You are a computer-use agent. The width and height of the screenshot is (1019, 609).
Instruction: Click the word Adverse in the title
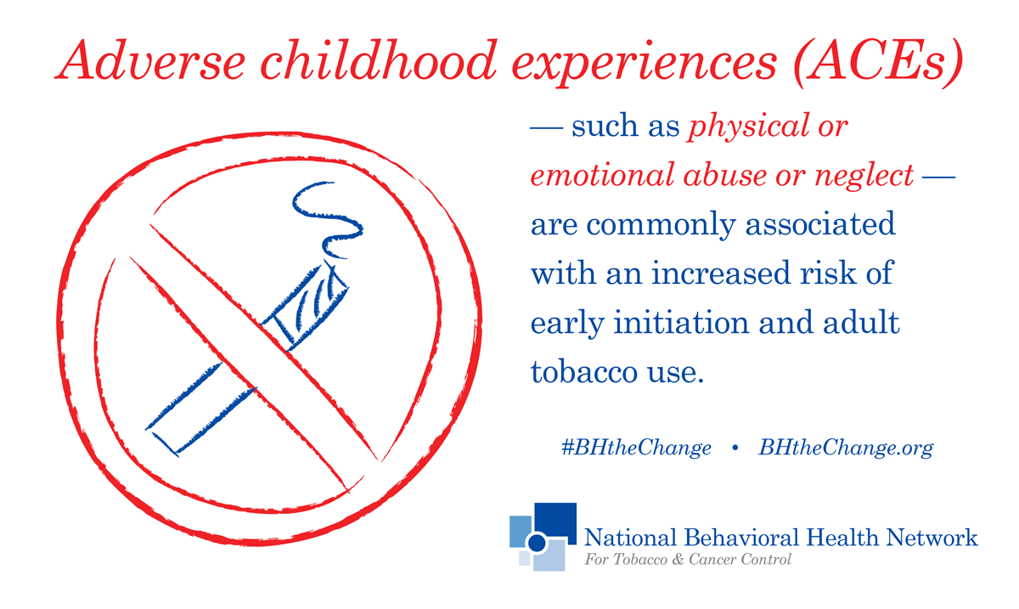[150, 60]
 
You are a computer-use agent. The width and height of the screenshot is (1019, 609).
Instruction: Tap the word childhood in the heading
[379, 60]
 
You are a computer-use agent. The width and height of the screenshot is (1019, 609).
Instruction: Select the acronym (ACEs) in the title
[878, 63]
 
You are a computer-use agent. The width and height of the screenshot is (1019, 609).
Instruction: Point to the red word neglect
[864, 176]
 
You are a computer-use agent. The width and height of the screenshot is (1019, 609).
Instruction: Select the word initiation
[681, 322]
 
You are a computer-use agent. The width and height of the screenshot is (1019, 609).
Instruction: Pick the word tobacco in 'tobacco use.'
[584, 371]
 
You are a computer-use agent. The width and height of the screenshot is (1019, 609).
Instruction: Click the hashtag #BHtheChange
[636, 448]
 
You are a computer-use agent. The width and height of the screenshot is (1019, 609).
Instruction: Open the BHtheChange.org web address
[846, 448]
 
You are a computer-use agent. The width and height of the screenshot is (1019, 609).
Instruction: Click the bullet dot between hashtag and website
[735, 448]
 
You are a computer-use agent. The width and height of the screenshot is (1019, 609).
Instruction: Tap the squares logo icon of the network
[543, 537]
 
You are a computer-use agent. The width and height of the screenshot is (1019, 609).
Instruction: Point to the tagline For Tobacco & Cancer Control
[688, 560]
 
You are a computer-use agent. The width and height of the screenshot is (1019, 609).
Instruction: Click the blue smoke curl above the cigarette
[329, 219]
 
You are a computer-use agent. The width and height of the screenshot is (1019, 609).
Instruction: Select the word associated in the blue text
[820, 224]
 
